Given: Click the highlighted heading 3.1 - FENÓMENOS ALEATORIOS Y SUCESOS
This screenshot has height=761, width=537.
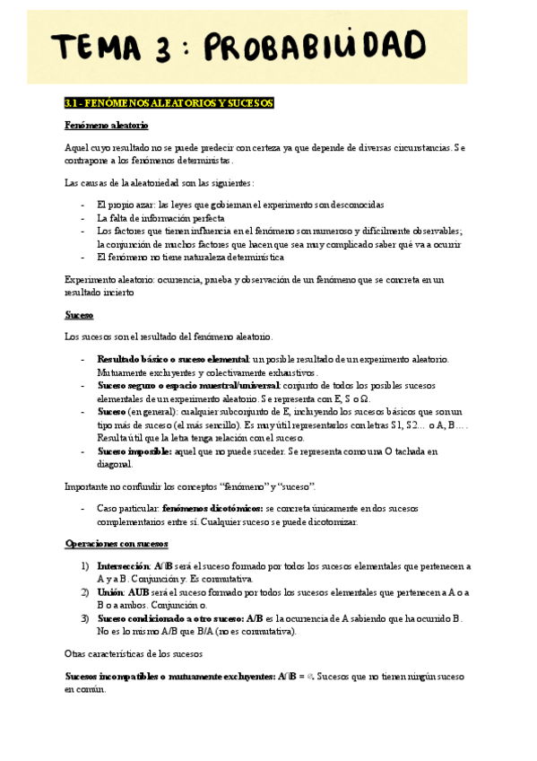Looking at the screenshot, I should pyautogui.click(x=169, y=103).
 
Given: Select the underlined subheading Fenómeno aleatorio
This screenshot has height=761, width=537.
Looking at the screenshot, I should pyautogui.click(x=107, y=125).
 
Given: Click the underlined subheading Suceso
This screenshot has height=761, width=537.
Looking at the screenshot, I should pyautogui.click(x=79, y=316).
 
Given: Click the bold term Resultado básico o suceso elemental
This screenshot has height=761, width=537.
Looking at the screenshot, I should pyautogui.click(x=173, y=359).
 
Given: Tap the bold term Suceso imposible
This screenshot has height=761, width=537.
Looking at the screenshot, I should pyautogui.click(x=134, y=451).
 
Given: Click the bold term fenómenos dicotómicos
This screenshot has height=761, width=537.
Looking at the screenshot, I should pyautogui.click(x=212, y=509).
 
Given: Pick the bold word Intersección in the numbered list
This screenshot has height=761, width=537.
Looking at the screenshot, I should pyautogui.click(x=124, y=567).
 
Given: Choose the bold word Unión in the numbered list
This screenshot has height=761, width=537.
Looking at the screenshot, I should pyautogui.click(x=111, y=593).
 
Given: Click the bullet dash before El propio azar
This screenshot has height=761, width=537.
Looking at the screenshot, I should pyautogui.click(x=83, y=205).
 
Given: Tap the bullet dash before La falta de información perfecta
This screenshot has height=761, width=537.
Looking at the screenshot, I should pyautogui.click(x=83, y=218).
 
